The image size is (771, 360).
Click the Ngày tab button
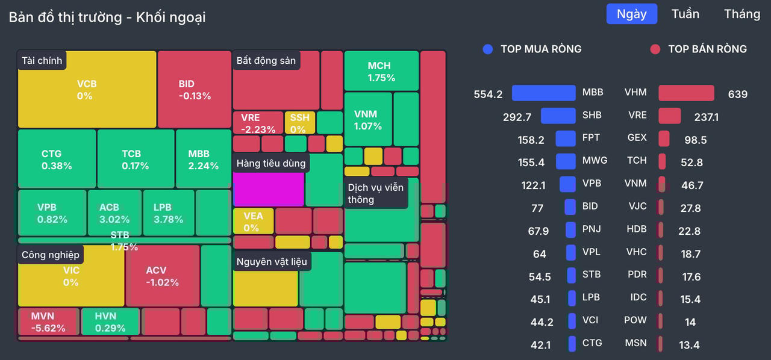pyautogui.click(x=631, y=14)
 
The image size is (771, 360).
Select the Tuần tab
pyautogui.click(x=685, y=14)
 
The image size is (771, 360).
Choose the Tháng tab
pyautogui.click(x=742, y=14)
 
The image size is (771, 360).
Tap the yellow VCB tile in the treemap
pyautogui.click(x=87, y=89)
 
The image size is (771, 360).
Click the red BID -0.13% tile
pyautogui.click(x=195, y=89)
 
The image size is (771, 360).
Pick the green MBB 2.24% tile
pyautogui.click(x=203, y=159)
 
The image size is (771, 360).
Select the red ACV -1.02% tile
pyautogui.click(x=163, y=276)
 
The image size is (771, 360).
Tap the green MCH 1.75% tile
pyautogui.click(x=381, y=71)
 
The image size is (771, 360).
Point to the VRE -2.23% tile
pyautogui.click(x=258, y=122)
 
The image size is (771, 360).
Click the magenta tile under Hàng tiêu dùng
pyautogui.click(x=268, y=189)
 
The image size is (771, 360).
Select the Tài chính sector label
pyautogui.click(x=42, y=60)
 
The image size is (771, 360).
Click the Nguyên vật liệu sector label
pyautogui.click(x=272, y=261)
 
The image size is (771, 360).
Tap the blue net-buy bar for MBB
pyautogui.click(x=543, y=93)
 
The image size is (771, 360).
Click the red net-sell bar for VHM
pyautogui.click(x=686, y=93)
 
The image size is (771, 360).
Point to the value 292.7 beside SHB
pyautogui.click(x=517, y=117)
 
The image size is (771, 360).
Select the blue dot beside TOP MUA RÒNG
pyautogui.click(x=488, y=49)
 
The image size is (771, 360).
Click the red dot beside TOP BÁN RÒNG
pyautogui.click(x=655, y=49)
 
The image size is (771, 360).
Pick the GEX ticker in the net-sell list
pyautogui.click(x=637, y=138)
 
